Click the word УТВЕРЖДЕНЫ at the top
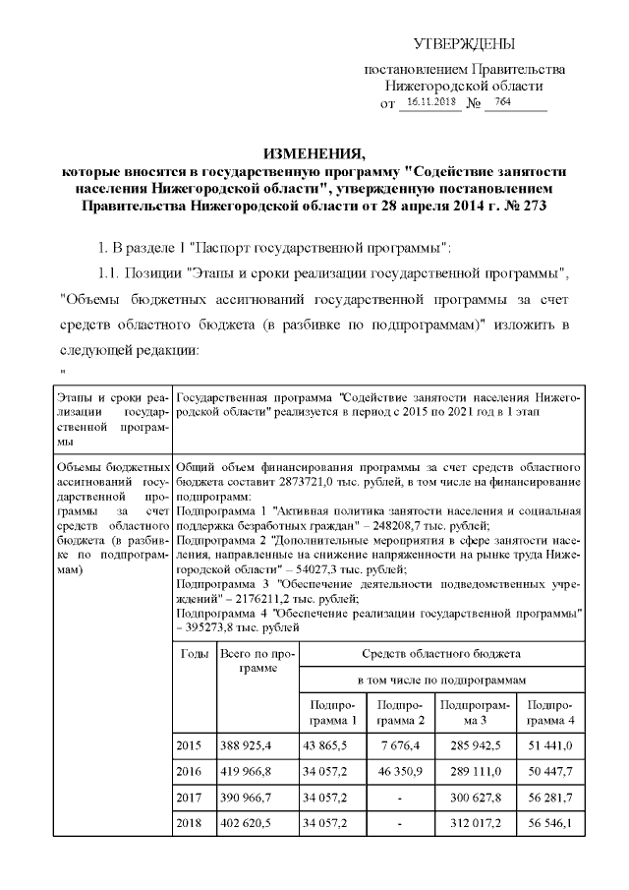[464, 44]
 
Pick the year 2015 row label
[188, 748]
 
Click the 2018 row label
[188, 820]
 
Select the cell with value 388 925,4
[246, 748]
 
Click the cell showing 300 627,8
[476, 797]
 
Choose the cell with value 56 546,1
[550, 820]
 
